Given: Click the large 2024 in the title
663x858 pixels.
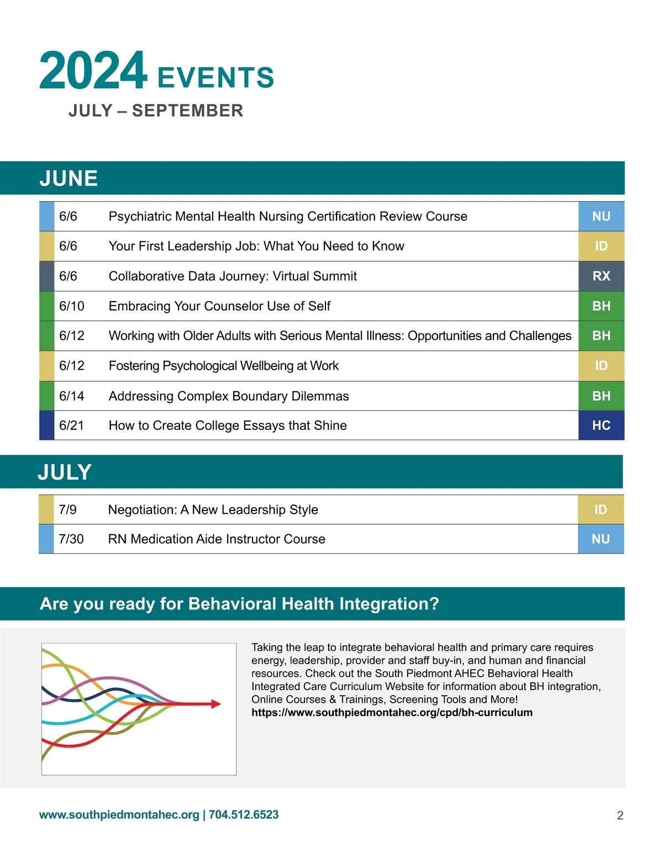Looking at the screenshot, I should point(93,70).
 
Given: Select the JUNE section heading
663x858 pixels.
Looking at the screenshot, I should point(69,178).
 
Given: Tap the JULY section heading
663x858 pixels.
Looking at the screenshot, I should point(65,472).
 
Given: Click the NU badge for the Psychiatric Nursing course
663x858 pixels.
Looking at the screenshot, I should point(601,217).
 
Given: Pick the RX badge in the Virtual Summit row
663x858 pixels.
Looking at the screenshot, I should point(601,276).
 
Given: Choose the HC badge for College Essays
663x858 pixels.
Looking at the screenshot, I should point(601,425).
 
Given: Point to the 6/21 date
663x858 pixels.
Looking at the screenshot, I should point(71,425).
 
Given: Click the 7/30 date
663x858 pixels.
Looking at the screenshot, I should point(71,539).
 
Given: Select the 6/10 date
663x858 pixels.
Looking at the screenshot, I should point(72,306).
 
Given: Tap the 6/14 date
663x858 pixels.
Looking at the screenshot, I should point(72,396).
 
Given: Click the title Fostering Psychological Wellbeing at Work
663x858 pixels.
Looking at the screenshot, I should point(223,366).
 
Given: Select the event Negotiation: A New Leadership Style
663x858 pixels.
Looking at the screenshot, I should point(213,510).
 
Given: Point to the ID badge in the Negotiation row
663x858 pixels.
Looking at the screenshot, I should point(601,510).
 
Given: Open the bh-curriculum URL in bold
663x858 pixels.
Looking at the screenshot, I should point(392,713).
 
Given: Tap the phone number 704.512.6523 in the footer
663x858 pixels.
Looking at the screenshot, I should point(244,815).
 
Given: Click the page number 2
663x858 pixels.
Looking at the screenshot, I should point(620,815).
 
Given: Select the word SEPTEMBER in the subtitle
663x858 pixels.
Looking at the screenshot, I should point(187,110).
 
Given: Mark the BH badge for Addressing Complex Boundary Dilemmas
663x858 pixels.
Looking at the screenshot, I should point(601,396).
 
